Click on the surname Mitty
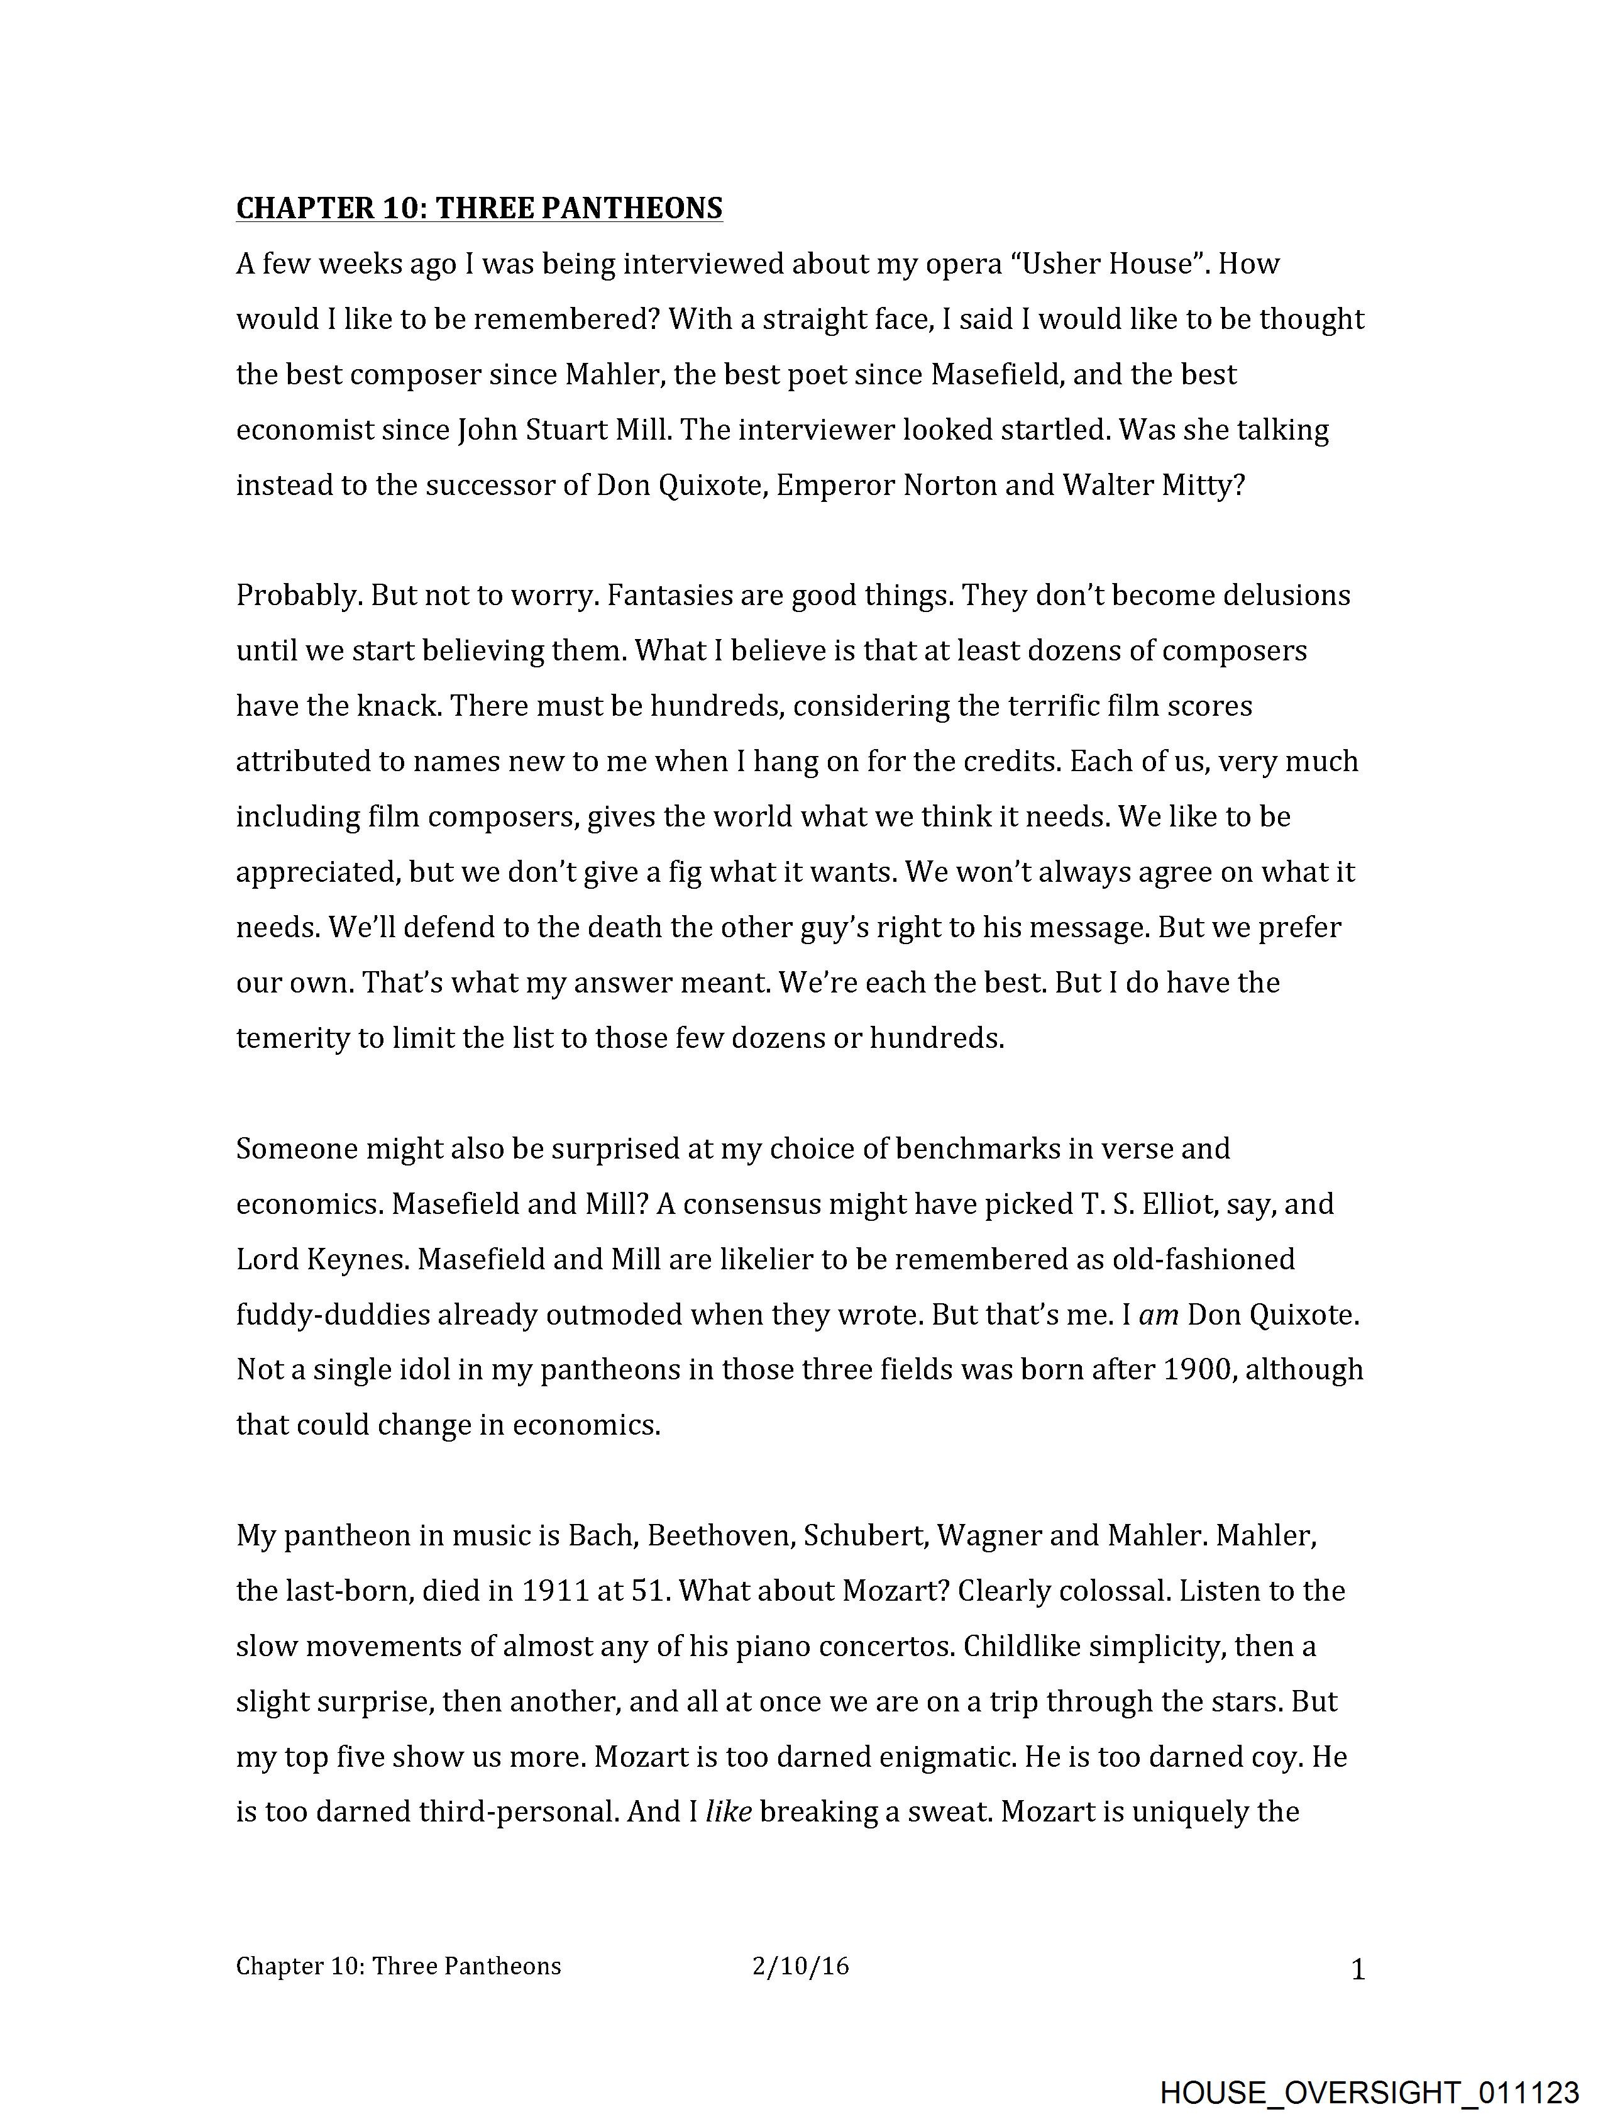[1203, 486]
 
